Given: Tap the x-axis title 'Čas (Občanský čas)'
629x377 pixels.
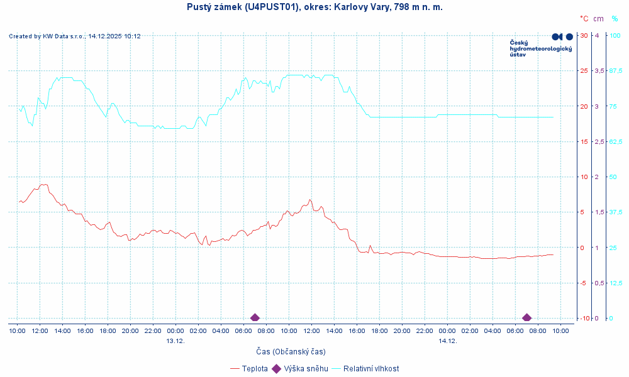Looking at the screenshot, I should [x=291, y=351].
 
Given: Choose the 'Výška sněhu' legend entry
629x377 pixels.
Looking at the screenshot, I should [x=306, y=369].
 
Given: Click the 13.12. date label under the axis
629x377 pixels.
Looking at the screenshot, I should [x=175, y=341].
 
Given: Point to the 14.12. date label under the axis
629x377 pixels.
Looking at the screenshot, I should [x=447, y=341].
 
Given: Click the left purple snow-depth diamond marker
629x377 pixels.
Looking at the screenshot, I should [x=255, y=317].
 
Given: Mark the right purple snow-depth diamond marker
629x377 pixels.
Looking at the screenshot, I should [x=526, y=317].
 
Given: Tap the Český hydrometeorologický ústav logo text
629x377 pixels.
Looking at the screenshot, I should [x=540, y=48].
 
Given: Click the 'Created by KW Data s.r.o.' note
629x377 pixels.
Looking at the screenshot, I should [x=75, y=36].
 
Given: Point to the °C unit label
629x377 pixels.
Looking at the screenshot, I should [x=584, y=19].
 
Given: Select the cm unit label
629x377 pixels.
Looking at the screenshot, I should [x=598, y=19].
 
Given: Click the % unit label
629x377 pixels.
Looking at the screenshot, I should [x=615, y=19].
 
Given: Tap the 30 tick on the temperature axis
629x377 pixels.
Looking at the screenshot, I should [x=584, y=35].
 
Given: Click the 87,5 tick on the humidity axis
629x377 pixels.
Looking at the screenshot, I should [x=615, y=70].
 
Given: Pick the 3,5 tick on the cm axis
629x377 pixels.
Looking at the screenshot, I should [x=599, y=70].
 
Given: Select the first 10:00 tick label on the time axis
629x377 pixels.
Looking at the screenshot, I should [x=17, y=331].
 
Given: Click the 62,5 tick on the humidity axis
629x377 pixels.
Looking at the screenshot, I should [x=615, y=141].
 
